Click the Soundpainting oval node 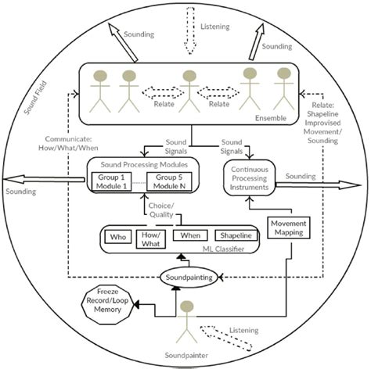coord(189,278)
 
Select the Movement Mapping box coord(289,227)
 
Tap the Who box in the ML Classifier coord(118,237)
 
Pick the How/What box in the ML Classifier coord(151,239)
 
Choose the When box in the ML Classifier coord(190,235)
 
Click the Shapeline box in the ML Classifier coord(236,235)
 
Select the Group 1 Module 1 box coord(111,181)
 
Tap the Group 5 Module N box coord(169,181)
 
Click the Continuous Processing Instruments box coord(250,178)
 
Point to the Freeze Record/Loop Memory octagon coord(107,305)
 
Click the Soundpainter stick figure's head coord(187,306)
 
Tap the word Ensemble coord(271,118)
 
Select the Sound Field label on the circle coord(35,98)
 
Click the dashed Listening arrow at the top coord(190,30)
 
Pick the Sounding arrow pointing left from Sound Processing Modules coord(44,179)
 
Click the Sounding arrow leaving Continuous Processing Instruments coord(318,185)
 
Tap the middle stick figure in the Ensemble coord(189,91)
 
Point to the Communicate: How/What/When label coord(68,143)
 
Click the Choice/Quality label coord(161,210)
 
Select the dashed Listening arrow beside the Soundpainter coord(225,338)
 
